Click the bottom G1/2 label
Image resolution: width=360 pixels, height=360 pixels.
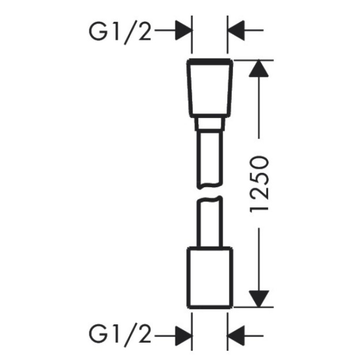[x=120, y=337]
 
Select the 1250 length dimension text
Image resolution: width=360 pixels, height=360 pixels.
[x=259, y=184]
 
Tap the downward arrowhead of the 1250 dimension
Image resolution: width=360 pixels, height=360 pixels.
[x=259, y=299]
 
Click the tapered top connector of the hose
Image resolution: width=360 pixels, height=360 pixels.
[x=210, y=89]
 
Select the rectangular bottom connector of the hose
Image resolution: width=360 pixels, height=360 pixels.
[x=210, y=278]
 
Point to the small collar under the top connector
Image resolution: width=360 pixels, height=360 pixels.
[x=210, y=124]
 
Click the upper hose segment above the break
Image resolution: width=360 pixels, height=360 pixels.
[x=210, y=158]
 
